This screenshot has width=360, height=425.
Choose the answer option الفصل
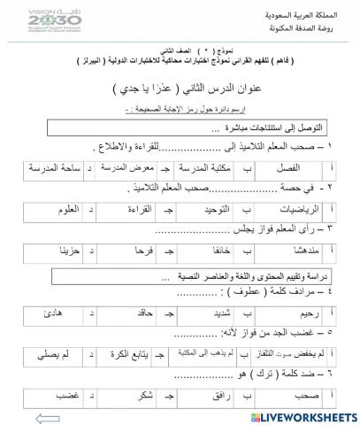[287, 167]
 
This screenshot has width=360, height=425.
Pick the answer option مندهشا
[288, 253]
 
